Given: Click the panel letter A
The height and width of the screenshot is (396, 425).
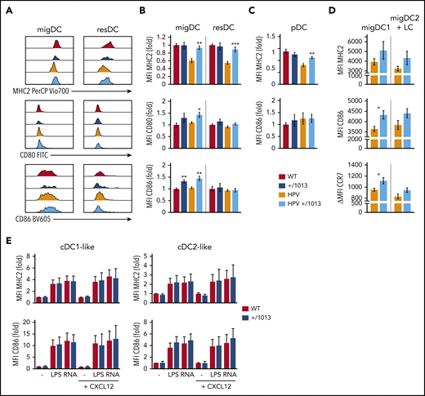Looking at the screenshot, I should [x=8, y=7].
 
